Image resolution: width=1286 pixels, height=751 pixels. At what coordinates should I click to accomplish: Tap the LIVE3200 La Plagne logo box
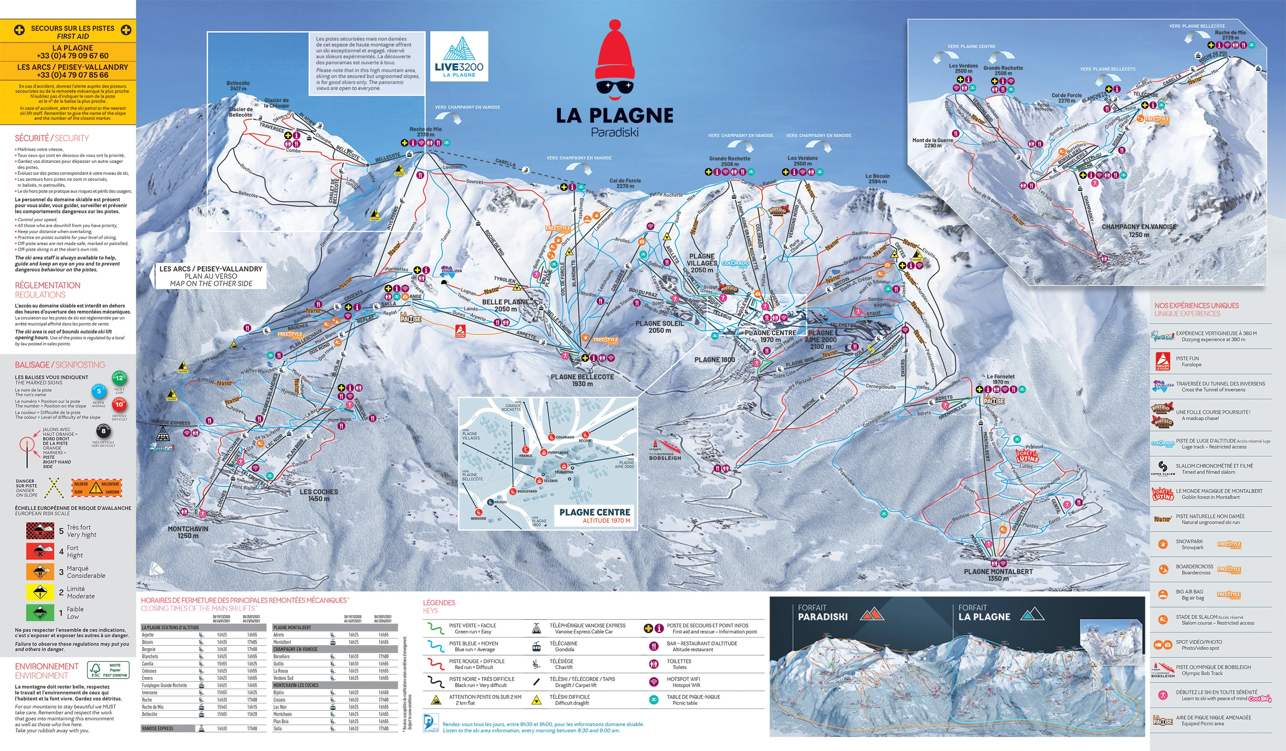tap(459, 56)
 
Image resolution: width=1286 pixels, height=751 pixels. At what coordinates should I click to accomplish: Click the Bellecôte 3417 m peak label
tap(238, 85)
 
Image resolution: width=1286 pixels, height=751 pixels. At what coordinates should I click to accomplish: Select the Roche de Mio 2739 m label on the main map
tap(425, 132)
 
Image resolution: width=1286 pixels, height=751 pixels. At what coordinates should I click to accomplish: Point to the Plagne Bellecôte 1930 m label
tap(582, 380)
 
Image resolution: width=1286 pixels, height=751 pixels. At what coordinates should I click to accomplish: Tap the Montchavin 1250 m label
tap(188, 532)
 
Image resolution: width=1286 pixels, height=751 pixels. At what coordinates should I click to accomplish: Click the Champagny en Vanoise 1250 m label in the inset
tap(1139, 230)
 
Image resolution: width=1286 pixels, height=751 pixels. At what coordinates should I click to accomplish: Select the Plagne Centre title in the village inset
tap(595, 512)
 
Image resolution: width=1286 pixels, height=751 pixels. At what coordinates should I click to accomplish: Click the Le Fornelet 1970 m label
tap(1000, 379)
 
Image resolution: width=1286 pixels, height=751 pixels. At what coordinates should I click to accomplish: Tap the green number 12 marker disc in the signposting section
tap(119, 378)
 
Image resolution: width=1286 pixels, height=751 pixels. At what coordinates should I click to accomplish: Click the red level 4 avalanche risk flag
tap(40, 551)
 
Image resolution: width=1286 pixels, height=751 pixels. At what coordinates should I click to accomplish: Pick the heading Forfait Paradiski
tap(822, 612)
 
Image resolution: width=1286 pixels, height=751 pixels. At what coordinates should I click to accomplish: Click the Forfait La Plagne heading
tap(983, 612)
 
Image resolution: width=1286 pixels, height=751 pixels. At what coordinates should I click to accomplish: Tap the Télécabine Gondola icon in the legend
tap(536, 646)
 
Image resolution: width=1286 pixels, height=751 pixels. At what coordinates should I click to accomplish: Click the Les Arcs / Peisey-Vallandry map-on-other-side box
tap(211, 276)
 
